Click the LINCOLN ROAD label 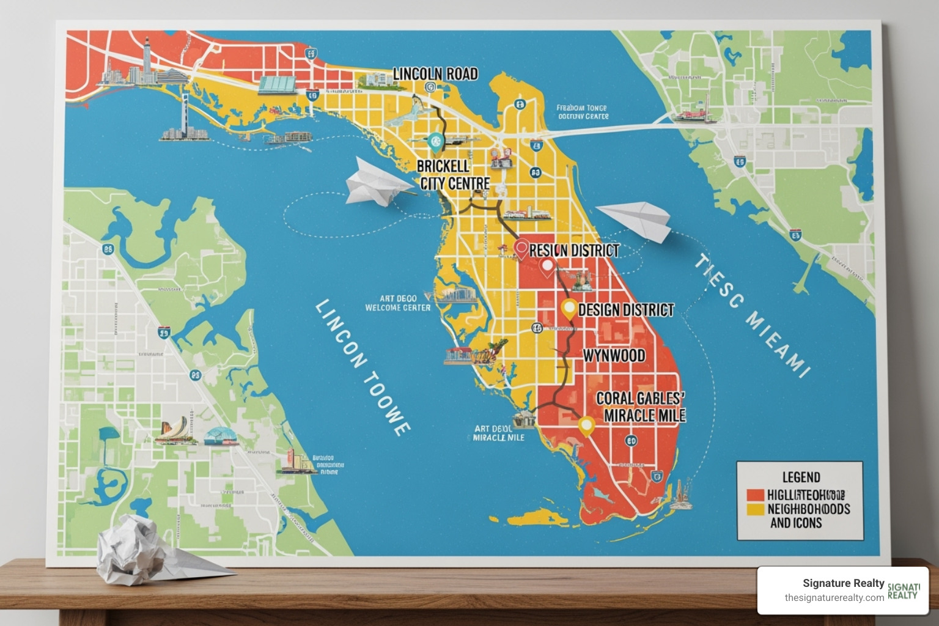[x=435, y=74]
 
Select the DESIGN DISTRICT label [x=625, y=310]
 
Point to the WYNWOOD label [x=614, y=355]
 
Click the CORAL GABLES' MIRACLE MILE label [x=641, y=407]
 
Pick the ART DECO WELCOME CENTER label [x=398, y=303]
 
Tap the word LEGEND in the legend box [x=801, y=477]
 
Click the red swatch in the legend [x=756, y=495]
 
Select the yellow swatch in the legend [x=756, y=509]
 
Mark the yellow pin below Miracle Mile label [x=586, y=425]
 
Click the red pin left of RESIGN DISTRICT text [x=521, y=249]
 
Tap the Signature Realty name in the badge [x=843, y=583]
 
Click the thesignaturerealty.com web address [x=834, y=598]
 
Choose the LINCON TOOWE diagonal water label [x=363, y=367]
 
